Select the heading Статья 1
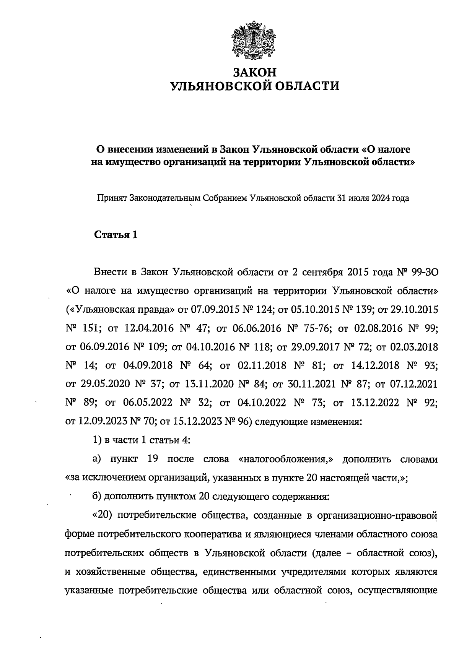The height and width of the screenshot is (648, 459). click(116, 235)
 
